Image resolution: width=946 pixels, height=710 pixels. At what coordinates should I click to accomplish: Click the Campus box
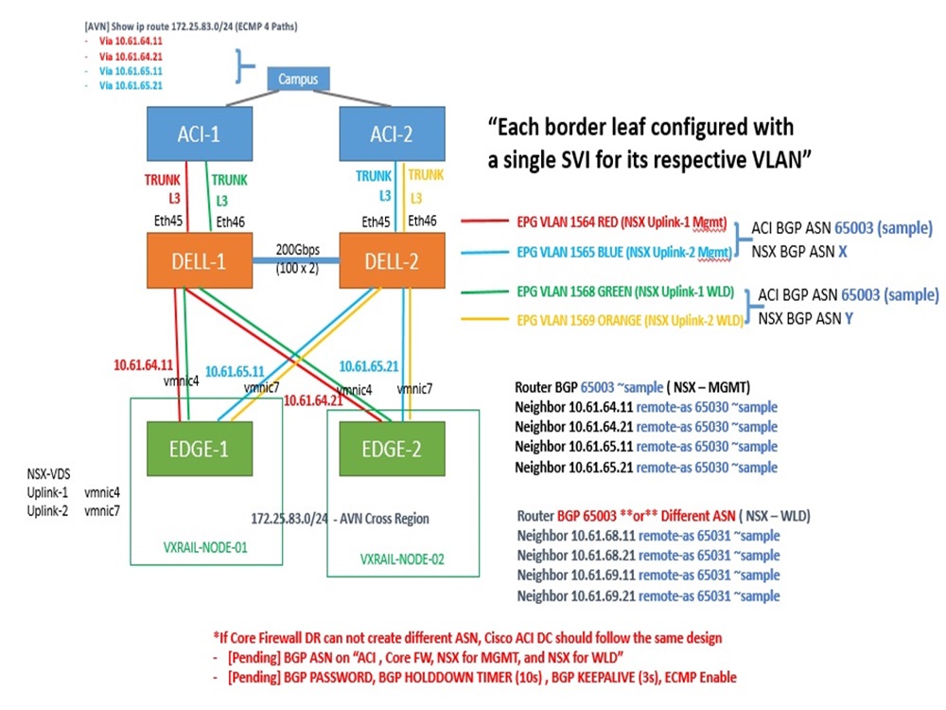[x=298, y=79]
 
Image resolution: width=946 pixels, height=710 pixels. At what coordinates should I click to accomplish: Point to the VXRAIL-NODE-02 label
[x=401, y=559]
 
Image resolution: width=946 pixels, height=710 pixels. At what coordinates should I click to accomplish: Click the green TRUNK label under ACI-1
[x=229, y=180]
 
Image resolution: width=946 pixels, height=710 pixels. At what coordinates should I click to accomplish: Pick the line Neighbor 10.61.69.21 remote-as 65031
[x=648, y=595]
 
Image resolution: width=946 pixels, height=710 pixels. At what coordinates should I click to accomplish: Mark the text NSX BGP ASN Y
[x=806, y=320]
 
